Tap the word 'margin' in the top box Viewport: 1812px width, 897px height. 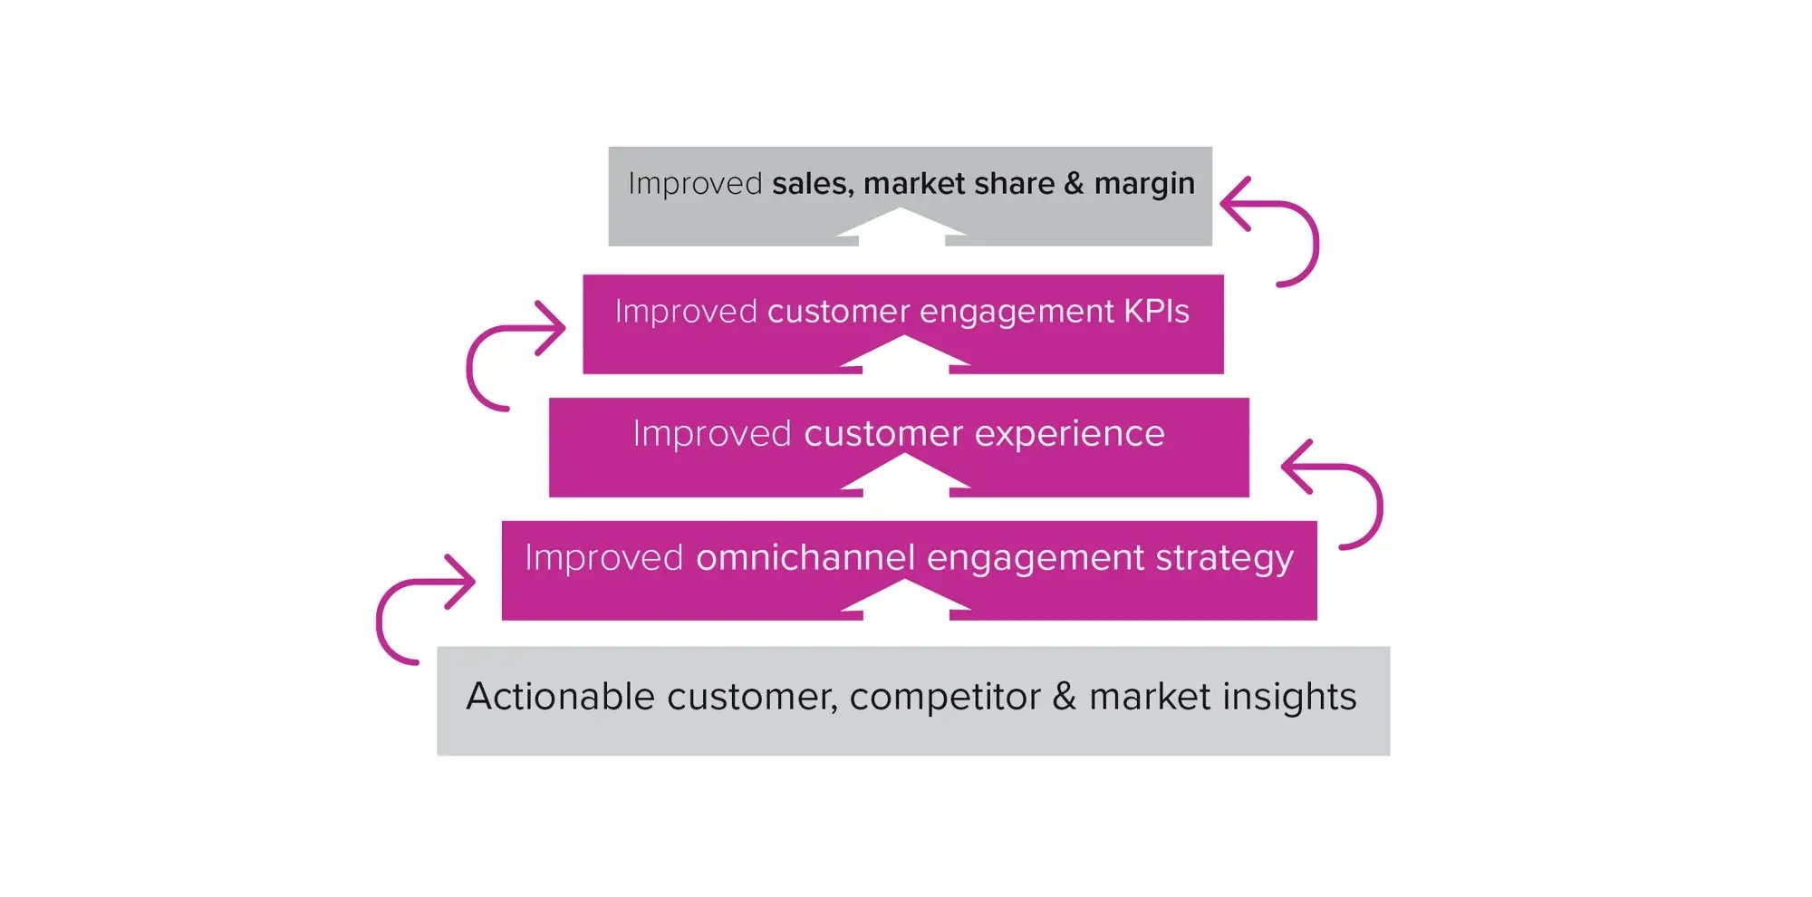click(x=1144, y=184)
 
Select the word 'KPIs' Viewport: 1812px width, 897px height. click(x=1156, y=312)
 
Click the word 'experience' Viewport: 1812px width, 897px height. click(x=1069, y=434)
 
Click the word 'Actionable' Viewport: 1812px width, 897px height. click(x=560, y=697)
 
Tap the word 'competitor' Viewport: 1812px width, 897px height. click(x=945, y=697)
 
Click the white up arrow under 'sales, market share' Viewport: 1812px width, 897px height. click(x=901, y=227)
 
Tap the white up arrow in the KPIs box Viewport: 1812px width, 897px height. click(x=904, y=353)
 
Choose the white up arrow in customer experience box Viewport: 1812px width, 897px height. click(x=904, y=475)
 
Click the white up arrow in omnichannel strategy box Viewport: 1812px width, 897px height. click(x=904, y=600)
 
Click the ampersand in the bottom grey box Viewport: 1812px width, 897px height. click(x=1064, y=697)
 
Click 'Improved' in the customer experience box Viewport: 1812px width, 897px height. click(x=712, y=434)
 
